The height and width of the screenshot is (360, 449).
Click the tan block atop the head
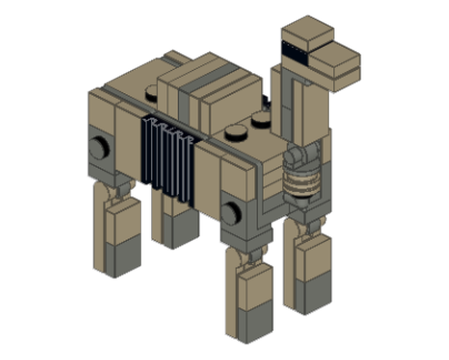[x=308, y=31]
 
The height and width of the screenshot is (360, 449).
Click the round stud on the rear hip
[x=98, y=148]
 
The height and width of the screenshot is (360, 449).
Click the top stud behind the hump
[x=152, y=93]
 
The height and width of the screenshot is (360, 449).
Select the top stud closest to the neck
[x=261, y=119]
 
